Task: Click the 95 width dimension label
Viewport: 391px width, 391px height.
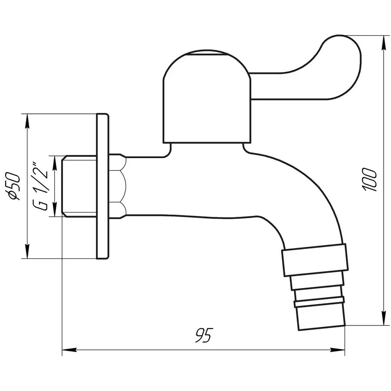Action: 203,335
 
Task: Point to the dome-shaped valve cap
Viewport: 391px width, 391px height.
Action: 207,100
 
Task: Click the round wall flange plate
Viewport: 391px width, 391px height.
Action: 102,186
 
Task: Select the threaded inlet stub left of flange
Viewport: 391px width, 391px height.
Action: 80,186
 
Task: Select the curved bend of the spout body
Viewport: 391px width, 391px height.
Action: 313,204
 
